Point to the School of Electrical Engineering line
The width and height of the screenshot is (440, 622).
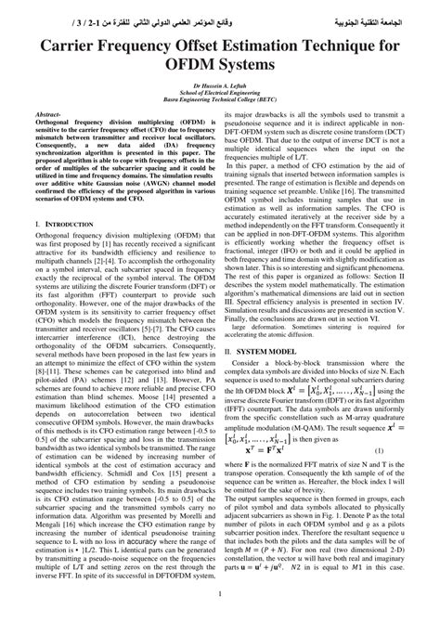click(x=219, y=94)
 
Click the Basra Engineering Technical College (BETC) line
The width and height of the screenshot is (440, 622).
click(x=219, y=101)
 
